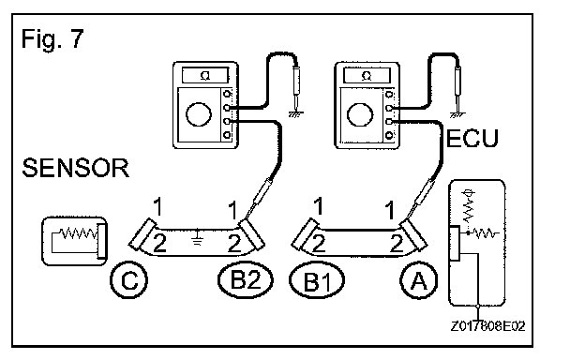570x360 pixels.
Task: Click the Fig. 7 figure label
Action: click(x=52, y=38)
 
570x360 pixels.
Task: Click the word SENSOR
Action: click(x=76, y=168)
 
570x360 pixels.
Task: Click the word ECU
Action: click(x=472, y=138)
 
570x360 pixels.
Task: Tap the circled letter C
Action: click(x=129, y=280)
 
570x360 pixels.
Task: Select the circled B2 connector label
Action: click(x=246, y=280)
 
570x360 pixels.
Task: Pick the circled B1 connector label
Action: click(x=317, y=280)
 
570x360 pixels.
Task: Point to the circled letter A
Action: click(x=419, y=280)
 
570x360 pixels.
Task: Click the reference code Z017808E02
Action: click(x=487, y=326)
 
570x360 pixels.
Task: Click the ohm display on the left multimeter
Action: click(x=205, y=76)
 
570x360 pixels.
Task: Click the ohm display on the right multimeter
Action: click(x=367, y=76)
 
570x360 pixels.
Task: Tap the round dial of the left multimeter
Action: click(x=199, y=114)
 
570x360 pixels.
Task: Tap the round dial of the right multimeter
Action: click(x=360, y=114)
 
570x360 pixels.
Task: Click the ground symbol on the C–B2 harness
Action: click(x=198, y=237)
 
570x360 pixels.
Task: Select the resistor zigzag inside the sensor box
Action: click(x=78, y=232)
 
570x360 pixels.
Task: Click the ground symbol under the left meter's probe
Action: click(x=295, y=114)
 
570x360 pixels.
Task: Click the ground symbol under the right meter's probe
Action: click(x=457, y=115)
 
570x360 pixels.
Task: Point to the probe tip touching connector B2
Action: click(x=246, y=219)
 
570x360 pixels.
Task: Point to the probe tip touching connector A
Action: click(x=407, y=219)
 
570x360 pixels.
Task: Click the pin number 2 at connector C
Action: click(x=159, y=244)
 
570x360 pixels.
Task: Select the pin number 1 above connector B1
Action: click(x=319, y=206)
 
